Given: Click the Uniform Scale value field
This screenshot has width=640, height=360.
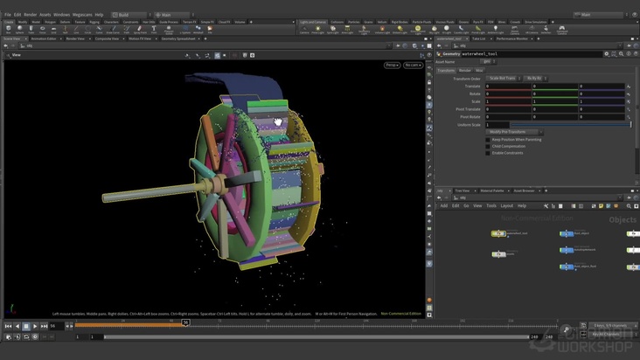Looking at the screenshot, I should point(556,125).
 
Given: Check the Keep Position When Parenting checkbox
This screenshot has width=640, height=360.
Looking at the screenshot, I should point(488,139).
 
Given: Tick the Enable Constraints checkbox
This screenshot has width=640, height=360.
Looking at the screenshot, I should point(488,153).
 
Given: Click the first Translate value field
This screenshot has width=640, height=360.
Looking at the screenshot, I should point(508,86).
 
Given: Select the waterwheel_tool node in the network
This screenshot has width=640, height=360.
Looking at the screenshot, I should point(498,233).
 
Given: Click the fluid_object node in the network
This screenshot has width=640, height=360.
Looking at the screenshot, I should point(567,233).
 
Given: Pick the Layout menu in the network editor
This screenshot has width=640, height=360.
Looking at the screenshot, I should point(507,205).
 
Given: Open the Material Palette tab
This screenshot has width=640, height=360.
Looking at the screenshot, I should point(492,190).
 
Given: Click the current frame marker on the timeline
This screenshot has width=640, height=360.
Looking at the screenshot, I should point(185,322).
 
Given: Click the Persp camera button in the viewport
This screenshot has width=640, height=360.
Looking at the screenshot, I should point(391,65).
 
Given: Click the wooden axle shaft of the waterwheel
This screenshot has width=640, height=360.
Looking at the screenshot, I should point(166,190).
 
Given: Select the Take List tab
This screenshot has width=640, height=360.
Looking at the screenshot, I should point(479,38).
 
